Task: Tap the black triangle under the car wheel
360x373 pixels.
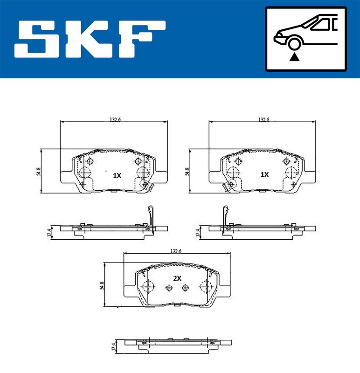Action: [x=294, y=57]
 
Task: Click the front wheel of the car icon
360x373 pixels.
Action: [x=294, y=44]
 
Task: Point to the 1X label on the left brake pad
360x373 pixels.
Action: [x=117, y=176]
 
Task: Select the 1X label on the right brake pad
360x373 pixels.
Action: [x=264, y=174]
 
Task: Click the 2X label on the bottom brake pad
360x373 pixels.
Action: [x=177, y=278]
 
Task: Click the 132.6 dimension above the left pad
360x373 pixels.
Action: [x=115, y=119]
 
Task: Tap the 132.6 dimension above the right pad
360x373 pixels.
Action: [x=263, y=119]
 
